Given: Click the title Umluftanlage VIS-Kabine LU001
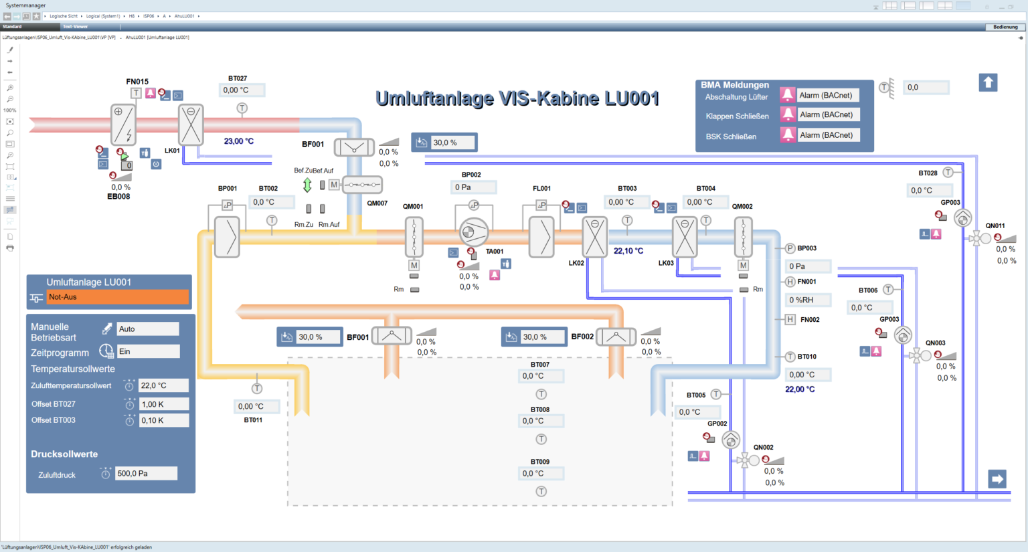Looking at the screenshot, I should point(517,99).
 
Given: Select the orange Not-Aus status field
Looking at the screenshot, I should point(117,297).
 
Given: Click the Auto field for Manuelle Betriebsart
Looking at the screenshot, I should point(148,329).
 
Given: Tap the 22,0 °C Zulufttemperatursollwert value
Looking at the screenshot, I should point(163,386).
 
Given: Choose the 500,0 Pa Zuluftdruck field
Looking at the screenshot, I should point(147,474).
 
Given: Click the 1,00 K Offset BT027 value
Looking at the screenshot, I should point(163,404).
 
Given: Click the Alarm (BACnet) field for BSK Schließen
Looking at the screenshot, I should point(827,135).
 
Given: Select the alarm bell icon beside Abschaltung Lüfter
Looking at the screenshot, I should point(788,95).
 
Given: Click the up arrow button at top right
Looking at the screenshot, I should point(988,82).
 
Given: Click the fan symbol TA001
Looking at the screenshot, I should point(474,233).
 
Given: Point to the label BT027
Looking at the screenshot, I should point(237,78).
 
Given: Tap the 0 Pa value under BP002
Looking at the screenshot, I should point(473,187).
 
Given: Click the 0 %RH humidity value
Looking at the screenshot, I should point(808,300).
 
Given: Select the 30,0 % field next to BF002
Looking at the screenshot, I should point(541,337).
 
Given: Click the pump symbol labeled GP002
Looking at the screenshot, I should point(731,440).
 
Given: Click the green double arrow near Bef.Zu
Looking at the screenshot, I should point(307,185).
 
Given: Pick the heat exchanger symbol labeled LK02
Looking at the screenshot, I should point(594,237).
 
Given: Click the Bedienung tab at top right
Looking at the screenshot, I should point(1005,27).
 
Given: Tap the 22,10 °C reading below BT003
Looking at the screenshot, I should point(628,251).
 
